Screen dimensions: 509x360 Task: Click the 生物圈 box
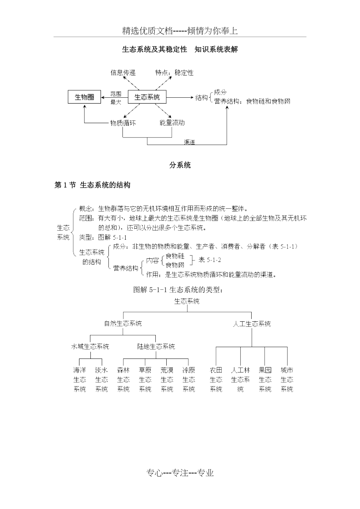(85, 97)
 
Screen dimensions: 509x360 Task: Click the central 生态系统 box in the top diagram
(147, 97)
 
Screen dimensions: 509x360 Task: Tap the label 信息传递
(123, 73)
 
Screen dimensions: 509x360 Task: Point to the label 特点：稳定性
(174, 73)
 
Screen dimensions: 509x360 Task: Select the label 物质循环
(123, 123)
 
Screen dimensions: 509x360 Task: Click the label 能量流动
(172, 123)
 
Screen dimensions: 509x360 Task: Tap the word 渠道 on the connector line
(190, 142)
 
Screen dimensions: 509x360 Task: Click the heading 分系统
(180, 165)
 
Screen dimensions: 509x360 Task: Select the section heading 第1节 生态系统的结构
(92, 186)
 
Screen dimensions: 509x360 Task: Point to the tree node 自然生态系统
(123, 324)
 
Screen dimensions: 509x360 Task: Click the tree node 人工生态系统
(252, 324)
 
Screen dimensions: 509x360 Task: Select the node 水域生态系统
(90, 346)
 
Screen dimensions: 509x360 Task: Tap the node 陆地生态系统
(156, 346)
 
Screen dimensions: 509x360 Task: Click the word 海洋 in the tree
(80, 370)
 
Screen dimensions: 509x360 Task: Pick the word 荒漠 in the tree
(167, 370)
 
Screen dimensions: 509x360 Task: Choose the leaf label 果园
(265, 370)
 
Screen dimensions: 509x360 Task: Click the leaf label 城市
(287, 370)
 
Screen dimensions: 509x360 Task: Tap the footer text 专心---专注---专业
(180, 473)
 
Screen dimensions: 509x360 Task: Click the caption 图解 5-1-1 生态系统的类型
(178, 290)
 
